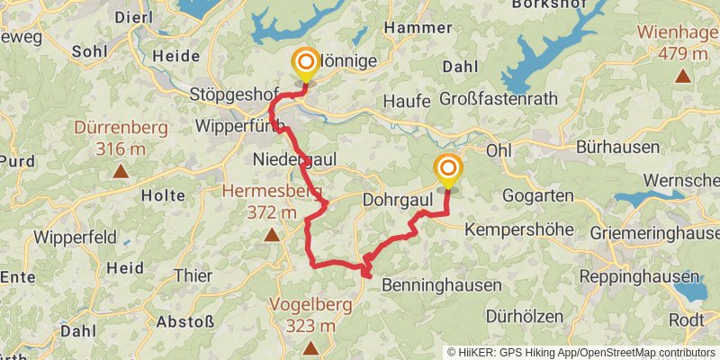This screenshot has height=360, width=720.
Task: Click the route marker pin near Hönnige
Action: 306,64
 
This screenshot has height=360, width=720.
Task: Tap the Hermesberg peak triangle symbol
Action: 272,236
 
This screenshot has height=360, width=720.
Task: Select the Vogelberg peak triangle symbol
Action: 310,347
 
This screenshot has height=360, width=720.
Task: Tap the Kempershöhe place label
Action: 519,229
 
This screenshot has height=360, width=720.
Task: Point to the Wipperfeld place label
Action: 75,238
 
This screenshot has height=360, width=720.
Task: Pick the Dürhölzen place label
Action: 525,316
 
